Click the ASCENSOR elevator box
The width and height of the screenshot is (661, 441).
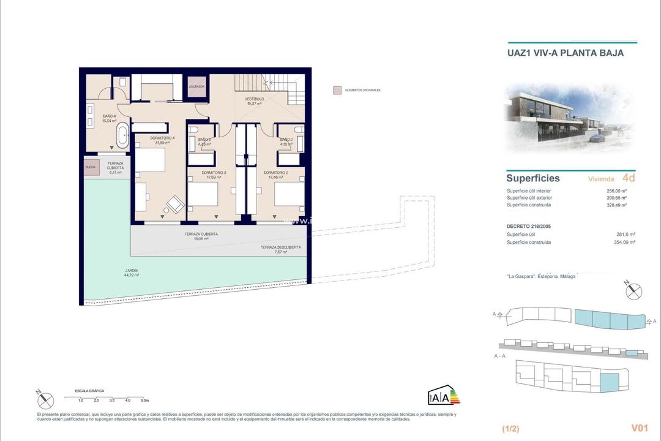[x=196, y=86]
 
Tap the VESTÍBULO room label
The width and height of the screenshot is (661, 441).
[x=254, y=99]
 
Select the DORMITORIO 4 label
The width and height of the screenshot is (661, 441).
[x=163, y=138]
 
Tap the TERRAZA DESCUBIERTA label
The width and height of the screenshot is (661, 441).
[x=280, y=247]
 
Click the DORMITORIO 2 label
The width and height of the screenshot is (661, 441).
[x=276, y=173]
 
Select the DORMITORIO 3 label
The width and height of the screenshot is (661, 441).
[x=214, y=173]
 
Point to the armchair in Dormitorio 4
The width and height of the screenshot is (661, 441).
[x=176, y=203]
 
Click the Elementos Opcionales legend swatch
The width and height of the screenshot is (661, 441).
[x=337, y=90]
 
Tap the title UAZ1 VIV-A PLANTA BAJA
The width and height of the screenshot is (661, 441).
[x=566, y=53]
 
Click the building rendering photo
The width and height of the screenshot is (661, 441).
[x=569, y=118]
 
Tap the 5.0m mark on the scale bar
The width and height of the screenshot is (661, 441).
[x=144, y=400]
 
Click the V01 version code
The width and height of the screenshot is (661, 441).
[x=639, y=428]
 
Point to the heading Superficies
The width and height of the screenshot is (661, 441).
[x=532, y=179]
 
